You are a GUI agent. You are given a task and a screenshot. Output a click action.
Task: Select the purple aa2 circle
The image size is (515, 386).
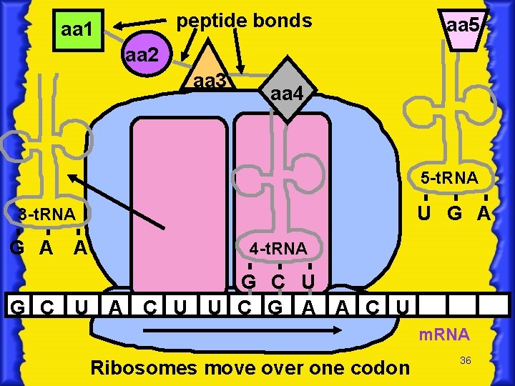[145, 55]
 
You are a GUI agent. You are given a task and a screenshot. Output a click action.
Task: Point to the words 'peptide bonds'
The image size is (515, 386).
[244, 21]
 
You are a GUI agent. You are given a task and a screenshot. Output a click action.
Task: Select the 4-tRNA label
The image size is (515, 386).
[278, 249]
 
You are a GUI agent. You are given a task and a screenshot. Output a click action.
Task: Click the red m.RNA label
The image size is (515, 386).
[443, 335]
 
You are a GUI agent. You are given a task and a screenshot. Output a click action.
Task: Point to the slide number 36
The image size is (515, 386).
[465, 361]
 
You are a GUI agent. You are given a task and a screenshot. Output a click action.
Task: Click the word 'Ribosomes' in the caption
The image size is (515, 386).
[145, 367]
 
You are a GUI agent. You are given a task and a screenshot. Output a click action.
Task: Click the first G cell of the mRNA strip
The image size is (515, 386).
[20, 308]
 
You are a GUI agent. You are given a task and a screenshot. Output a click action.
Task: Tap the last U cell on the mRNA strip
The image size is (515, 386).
[403, 308]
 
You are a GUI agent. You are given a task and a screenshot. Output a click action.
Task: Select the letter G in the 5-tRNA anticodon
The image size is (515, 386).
[454, 213]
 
